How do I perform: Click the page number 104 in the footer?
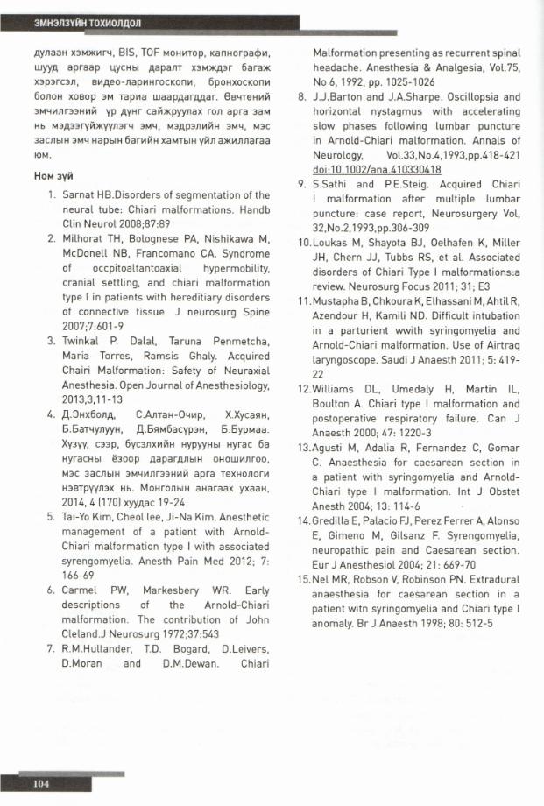pyautogui.click(x=40, y=782)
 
